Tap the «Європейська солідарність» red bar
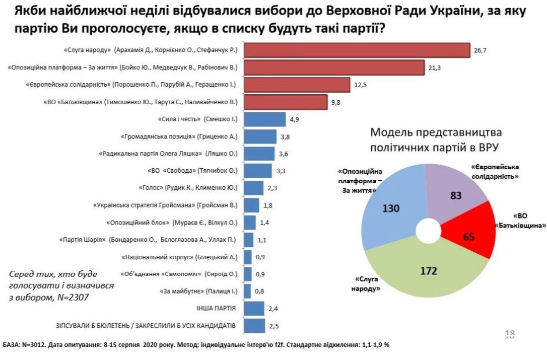(x=297, y=85)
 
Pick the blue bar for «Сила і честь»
(x=257, y=119)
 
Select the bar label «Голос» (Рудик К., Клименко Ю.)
(x=187, y=188)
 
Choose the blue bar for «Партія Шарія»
(x=248, y=240)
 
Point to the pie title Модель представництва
(x=436, y=133)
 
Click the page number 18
(x=509, y=334)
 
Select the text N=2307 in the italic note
(x=76, y=297)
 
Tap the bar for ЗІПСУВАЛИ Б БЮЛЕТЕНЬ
(x=254, y=325)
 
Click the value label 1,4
(x=264, y=222)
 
